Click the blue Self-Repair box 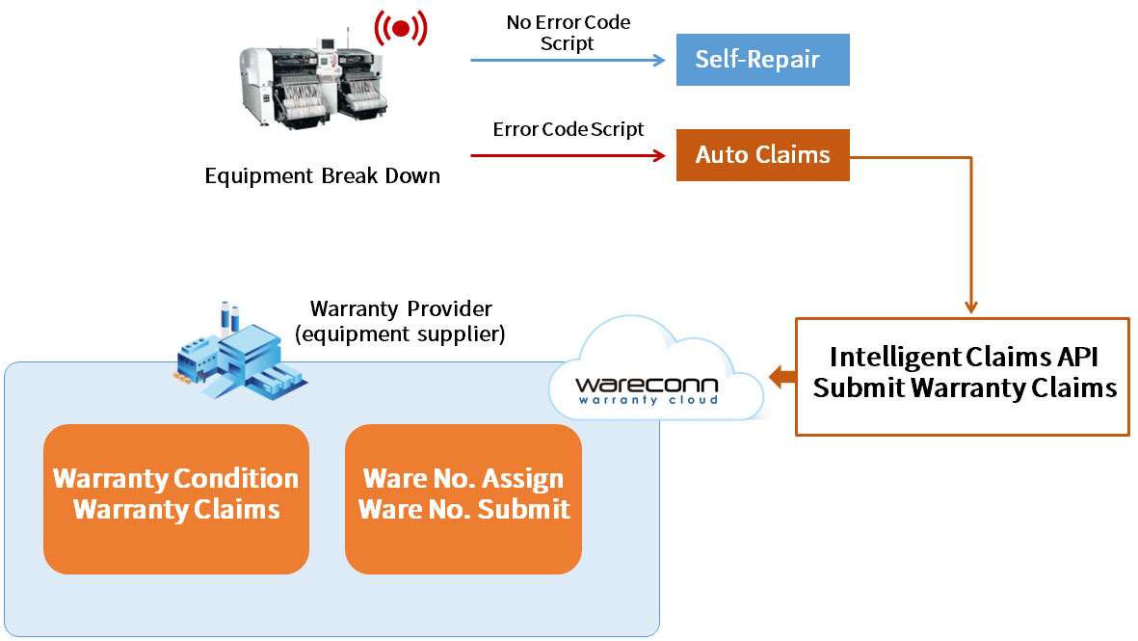point(762,60)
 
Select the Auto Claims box point(762,155)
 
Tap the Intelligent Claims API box point(962,376)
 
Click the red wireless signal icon point(401,29)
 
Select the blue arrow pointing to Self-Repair point(568,60)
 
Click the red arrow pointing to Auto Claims point(568,155)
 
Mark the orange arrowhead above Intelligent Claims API point(970,307)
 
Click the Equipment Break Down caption point(322,176)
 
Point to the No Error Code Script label point(568,32)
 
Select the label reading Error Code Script point(568,129)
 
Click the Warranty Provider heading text point(401,309)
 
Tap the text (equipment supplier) point(401,334)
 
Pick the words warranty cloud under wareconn point(647,399)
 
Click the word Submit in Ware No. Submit point(526,509)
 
